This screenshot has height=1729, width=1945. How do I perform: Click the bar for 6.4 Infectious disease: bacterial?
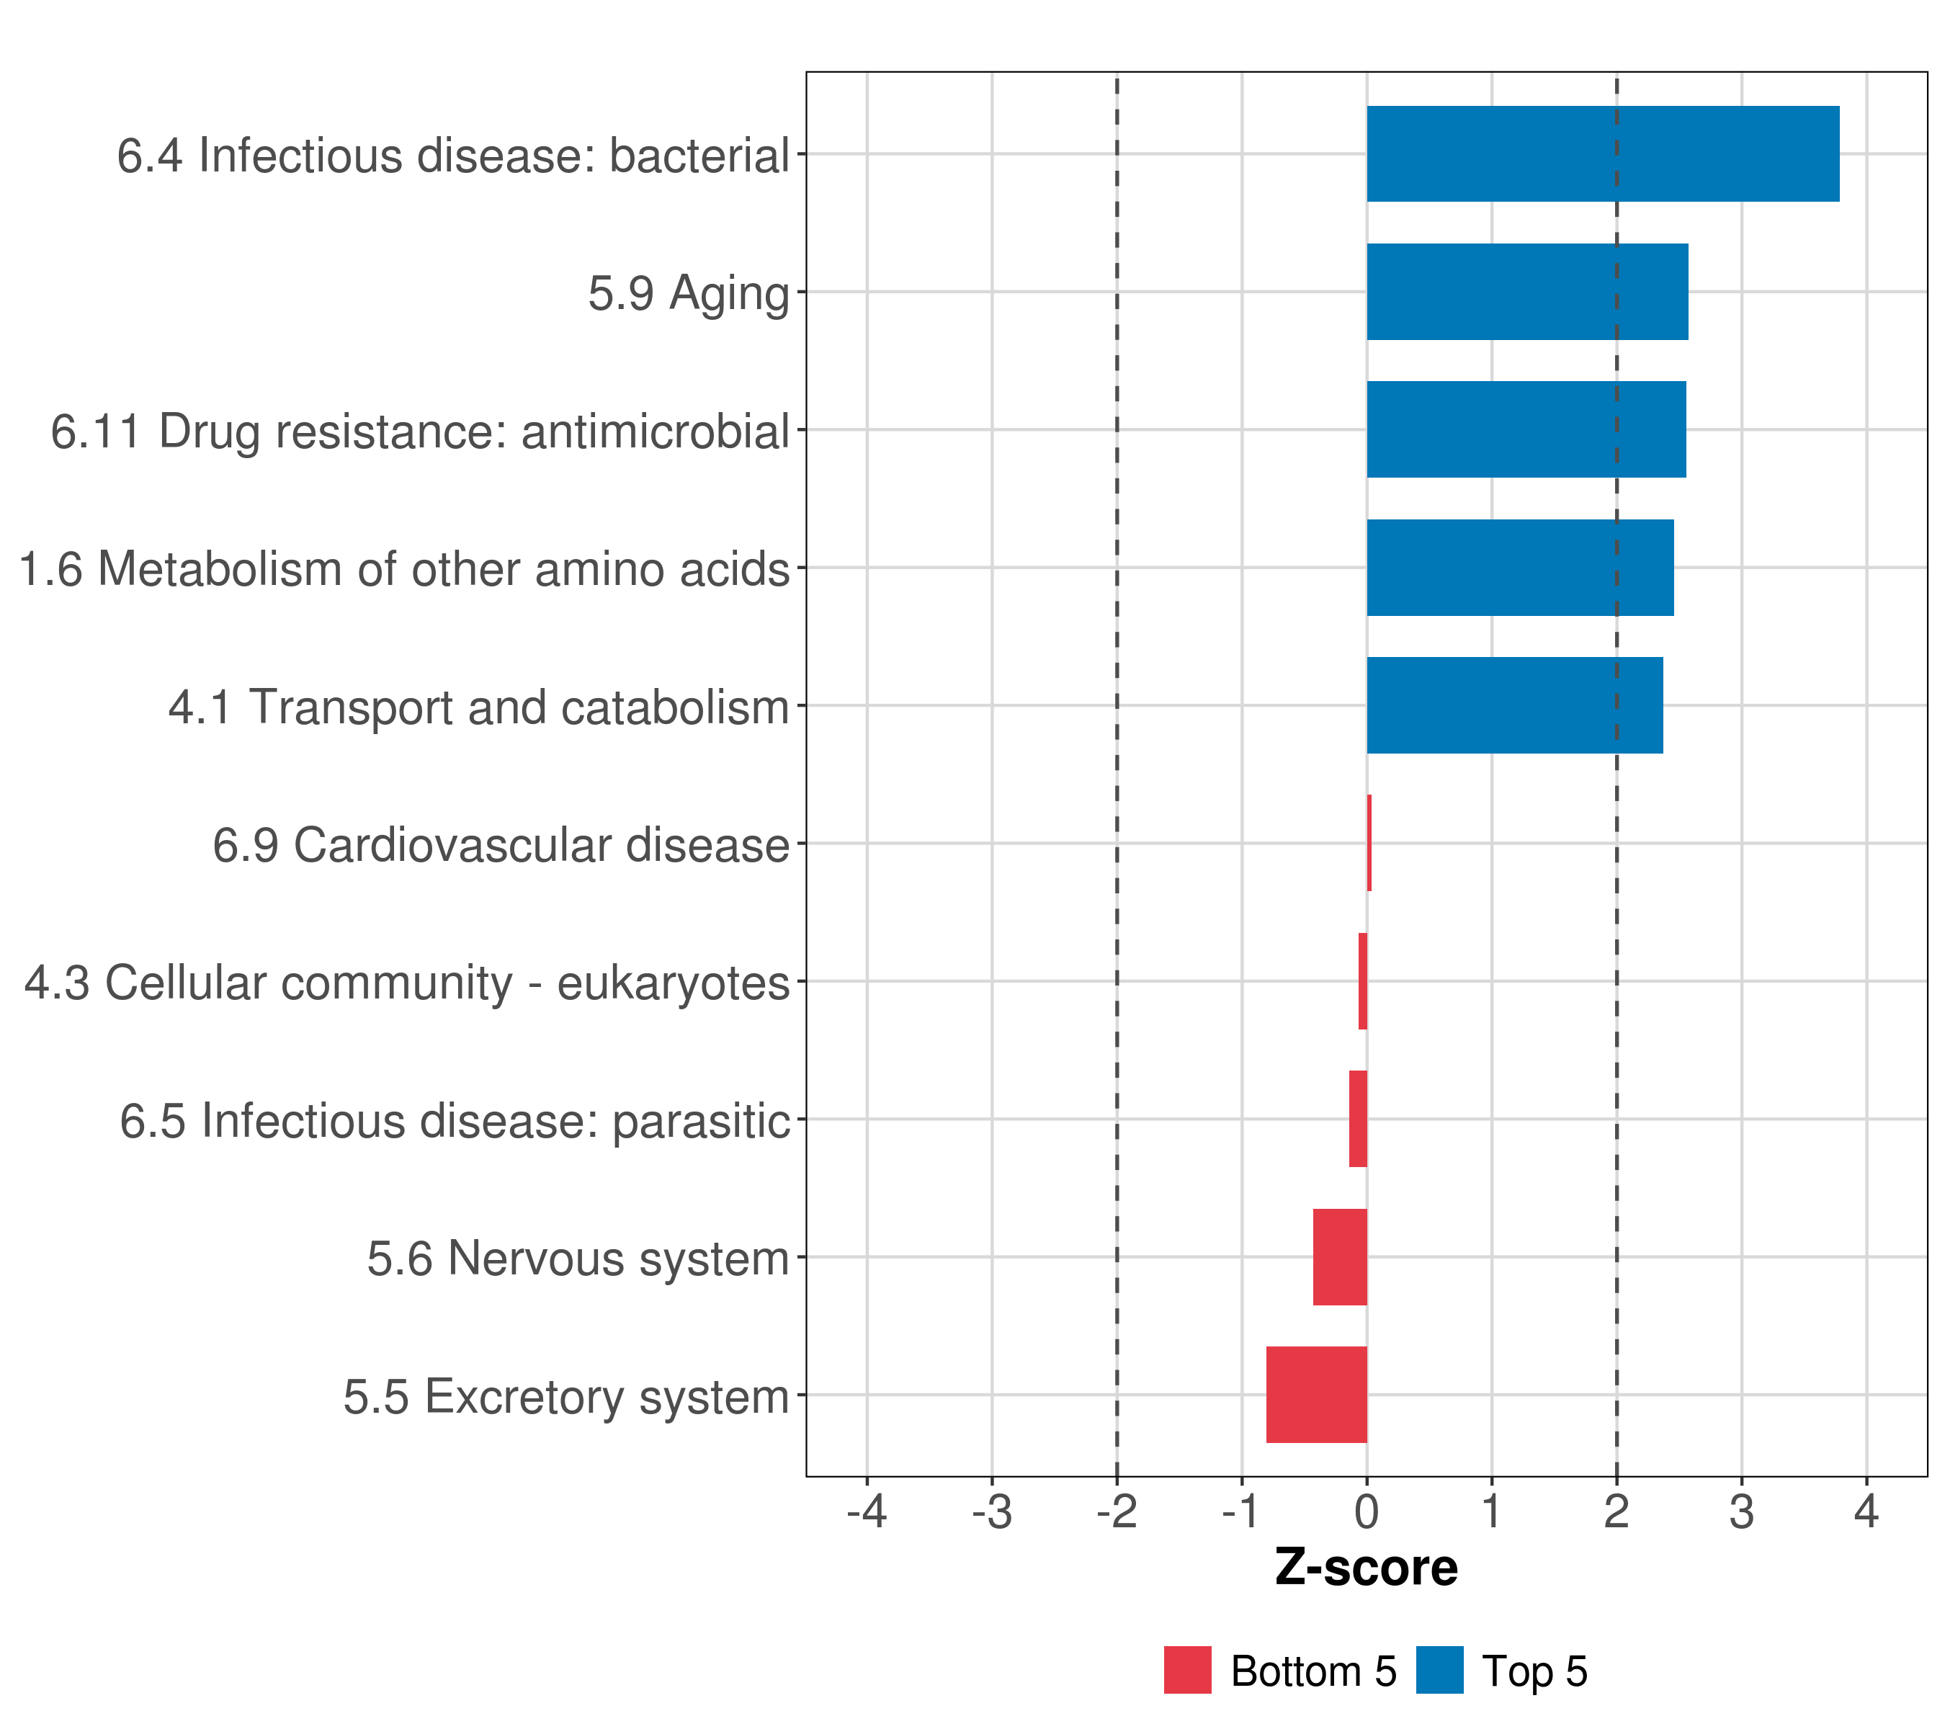pos(1602,154)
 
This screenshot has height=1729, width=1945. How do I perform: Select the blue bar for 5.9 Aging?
pos(1527,292)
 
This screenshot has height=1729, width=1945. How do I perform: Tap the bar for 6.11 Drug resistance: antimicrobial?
pos(1526,430)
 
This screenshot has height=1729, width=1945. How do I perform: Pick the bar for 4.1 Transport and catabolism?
pos(1515,705)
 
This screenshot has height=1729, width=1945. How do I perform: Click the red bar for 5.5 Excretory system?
pos(1317,1395)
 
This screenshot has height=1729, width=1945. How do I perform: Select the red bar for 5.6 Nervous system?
pos(1340,1257)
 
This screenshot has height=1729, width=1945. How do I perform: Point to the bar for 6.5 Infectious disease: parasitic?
pos(1358,1119)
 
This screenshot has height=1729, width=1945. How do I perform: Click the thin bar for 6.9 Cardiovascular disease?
pos(1369,843)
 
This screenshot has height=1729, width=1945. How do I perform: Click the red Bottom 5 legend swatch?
pos(1188,1670)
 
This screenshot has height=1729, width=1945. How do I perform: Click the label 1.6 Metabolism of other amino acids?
pos(404,569)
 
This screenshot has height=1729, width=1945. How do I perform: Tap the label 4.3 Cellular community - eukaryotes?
pos(407,983)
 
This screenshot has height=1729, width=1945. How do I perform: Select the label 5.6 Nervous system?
pos(578,1258)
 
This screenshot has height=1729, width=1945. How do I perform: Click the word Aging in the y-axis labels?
pos(730,294)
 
